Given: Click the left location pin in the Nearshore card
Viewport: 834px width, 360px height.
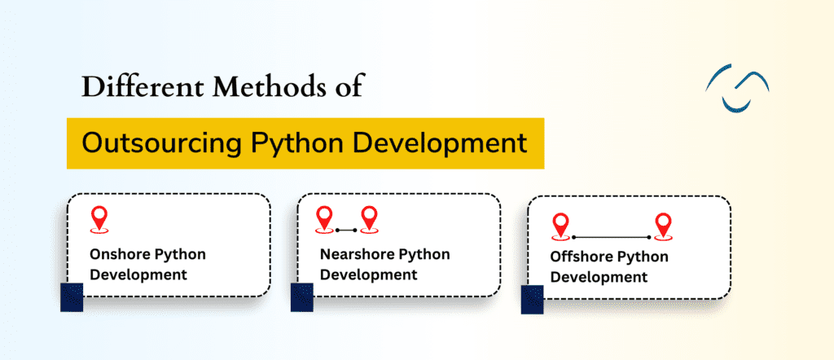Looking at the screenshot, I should coord(325,218).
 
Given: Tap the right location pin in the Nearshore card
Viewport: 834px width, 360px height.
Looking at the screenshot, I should coord(371,218).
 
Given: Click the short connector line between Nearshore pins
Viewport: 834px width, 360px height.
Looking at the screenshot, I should coord(348,230).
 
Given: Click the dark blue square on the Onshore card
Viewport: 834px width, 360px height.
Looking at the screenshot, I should coord(72,296).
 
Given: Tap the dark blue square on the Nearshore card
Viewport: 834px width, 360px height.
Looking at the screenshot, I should coord(301,296).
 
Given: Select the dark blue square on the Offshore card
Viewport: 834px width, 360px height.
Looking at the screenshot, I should coord(532,299).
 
